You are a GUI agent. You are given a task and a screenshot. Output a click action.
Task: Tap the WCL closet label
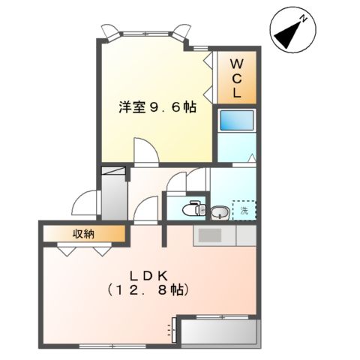pos(235,78)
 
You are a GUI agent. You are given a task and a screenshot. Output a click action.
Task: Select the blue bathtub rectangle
pos(235,121)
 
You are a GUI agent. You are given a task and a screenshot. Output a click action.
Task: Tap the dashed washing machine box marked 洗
pos(243,211)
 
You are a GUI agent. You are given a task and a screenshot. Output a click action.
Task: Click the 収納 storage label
pos(82,234)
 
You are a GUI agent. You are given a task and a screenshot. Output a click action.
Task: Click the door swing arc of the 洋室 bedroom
pos(144,149)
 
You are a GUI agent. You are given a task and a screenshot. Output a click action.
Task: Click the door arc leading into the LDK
pos(148,209)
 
